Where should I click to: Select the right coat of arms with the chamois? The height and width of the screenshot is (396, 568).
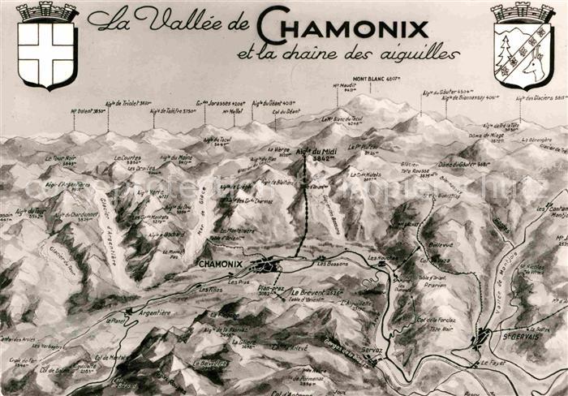(x=523, y=46)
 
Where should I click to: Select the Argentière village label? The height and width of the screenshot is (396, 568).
(x=154, y=312)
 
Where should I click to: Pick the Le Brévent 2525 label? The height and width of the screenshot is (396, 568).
(x=320, y=291)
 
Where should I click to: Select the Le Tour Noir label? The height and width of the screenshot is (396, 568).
(x=61, y=159)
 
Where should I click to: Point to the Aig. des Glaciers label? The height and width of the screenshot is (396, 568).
(x=542, y=98)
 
